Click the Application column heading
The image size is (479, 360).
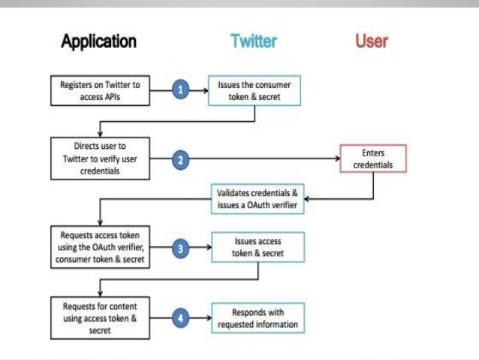(x=98, y=41)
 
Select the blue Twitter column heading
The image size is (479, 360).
(x=254, y=41)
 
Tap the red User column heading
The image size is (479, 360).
(x=372, y=41)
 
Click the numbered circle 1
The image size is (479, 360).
(x=180, y=90)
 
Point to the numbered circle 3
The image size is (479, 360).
(x=180, y=249)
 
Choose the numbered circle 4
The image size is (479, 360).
(x=180, y=318)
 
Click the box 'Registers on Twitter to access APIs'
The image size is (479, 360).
(x=100, y=90)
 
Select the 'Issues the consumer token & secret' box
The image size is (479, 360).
(x=255, y=90)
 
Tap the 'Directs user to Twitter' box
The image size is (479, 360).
(x=100, y=159)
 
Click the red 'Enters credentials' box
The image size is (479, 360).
(x=372, y=159)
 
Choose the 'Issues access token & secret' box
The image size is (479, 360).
(x=258, y=249)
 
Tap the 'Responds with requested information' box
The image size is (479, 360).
(x=258, y=318)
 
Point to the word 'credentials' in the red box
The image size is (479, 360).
(x=372, y=164)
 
